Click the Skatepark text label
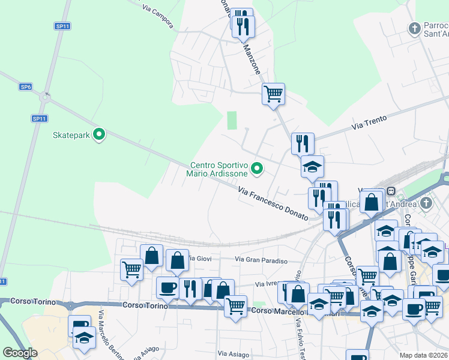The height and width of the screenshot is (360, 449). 71,135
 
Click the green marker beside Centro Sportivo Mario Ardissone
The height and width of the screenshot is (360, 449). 258,169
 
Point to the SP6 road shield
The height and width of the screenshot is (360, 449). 25,87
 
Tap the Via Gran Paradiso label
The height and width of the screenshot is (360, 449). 261,260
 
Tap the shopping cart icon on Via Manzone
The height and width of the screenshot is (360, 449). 273,94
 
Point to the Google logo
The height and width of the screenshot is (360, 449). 20,353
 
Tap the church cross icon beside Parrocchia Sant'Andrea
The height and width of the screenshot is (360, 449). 414,28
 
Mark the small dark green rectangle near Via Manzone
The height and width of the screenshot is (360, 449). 232,120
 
